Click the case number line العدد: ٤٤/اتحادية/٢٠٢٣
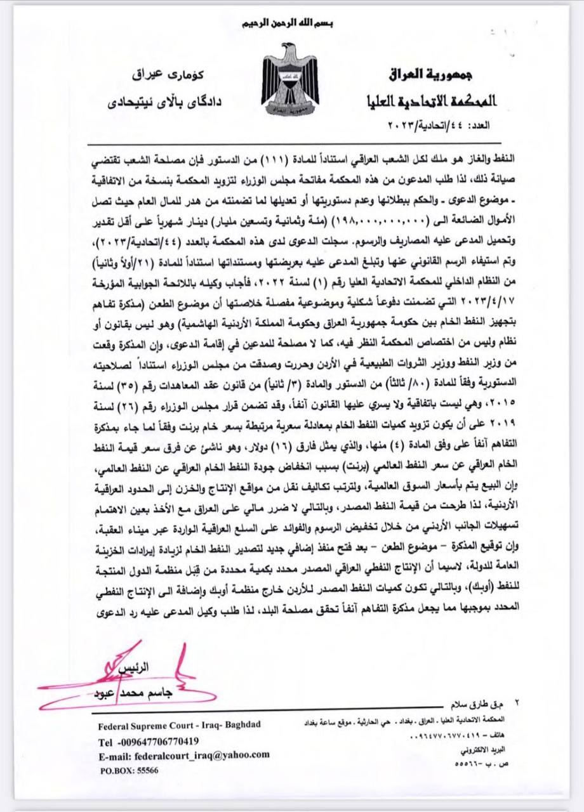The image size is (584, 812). (441, 125)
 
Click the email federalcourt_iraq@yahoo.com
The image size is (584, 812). (184, 756)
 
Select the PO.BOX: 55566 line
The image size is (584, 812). (129, 769)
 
